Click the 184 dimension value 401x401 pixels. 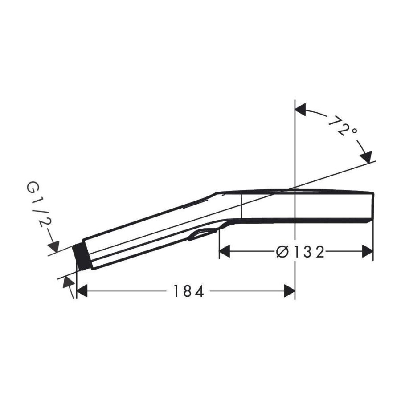click(188, 291)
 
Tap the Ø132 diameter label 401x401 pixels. click(300, 251)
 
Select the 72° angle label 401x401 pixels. click(342, 125)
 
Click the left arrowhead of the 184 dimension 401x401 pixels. click(82, 291)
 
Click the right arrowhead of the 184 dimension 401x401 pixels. click(290, 291)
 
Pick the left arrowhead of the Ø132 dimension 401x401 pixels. click(225, 251)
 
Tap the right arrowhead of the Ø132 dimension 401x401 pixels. click(368, 251)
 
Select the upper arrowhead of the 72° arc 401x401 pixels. click(301, 109)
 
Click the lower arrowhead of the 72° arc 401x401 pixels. click(366, 157)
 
